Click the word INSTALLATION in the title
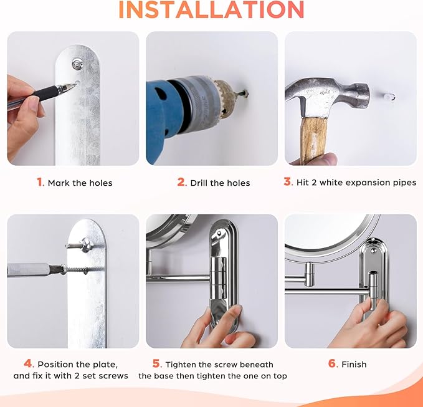(x=211, y=10)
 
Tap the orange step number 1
(x=40, y=182)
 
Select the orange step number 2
(x=181, y=182)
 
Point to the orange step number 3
(x=288, y=181)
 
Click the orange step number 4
(x=28, y=363)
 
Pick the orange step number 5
(x=156, y=363)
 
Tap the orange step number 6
(x=333, y=363)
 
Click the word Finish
(x=354, y=365)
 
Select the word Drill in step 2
(x=199, y=183)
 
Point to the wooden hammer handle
(x=313, y=140)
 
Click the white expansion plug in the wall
(x=389, y=96)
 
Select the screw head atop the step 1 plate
(x=77, y=64)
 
